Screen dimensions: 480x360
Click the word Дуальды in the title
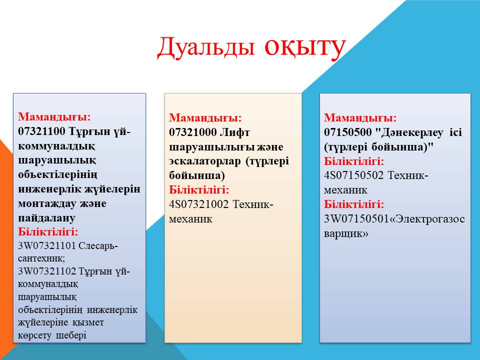[205, 48]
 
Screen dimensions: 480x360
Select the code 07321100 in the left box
[41, 131]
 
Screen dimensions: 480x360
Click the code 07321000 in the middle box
[193, 132]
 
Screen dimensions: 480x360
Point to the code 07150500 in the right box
[348, 132]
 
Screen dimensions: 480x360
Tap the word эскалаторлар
[205, 161]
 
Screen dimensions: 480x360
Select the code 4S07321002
[199, 204]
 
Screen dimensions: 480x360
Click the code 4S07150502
[354, 175]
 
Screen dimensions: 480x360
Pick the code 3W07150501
[356, 219]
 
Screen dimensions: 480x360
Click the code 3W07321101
[47, 245]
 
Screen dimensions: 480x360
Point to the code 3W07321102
[47, 271]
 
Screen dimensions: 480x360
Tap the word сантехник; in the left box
[41, 258]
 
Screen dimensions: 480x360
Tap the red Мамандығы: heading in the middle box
[205, 117]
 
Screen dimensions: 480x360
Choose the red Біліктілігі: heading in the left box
[48, 231]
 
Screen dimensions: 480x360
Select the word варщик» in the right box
[346, 233]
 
